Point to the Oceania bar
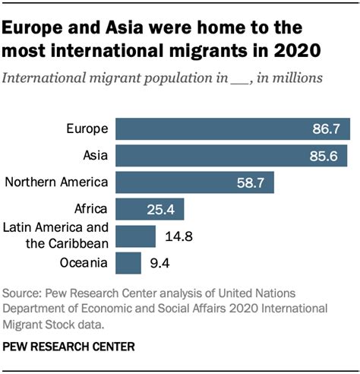pyautogui.click(x=129, y=262)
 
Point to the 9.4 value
pyautogui.click(x=159, y=263)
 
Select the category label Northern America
pyautogui.click(x=57, y=182)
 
